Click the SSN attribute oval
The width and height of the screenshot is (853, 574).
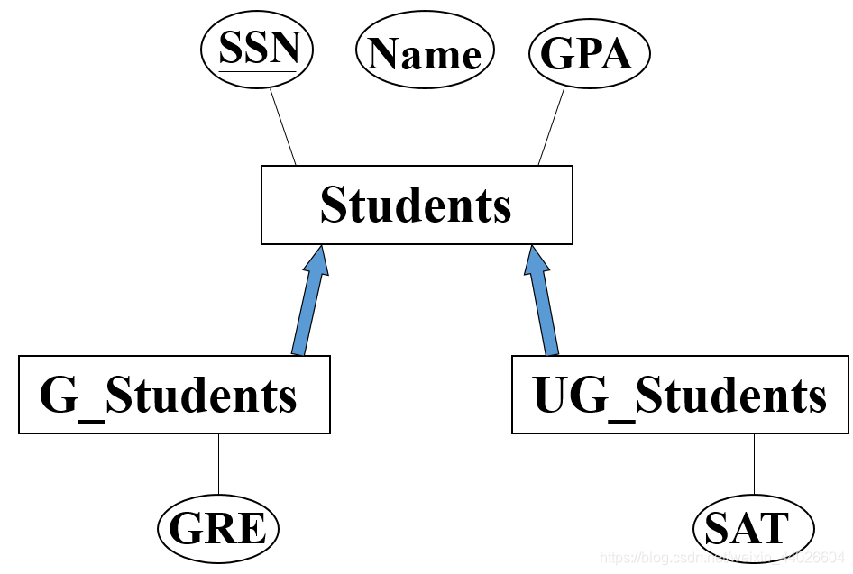tap(256, 52)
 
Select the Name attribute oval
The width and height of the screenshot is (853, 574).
tap(426, 54)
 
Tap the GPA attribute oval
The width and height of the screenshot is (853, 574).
tap(589, 54)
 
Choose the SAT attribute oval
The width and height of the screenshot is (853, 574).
tap(753, 527)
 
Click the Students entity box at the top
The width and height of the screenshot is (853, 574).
tap(417, 205)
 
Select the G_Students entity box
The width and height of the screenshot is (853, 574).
tap(174, 395)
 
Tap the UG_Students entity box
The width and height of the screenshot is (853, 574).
tap(680, 395)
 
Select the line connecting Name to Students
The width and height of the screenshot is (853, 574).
tap(426, 127)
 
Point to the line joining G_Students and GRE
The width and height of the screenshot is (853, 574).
tap(218, 466)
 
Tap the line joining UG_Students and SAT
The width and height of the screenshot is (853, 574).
tap(754, 466)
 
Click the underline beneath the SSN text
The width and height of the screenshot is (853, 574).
tap(259, 70)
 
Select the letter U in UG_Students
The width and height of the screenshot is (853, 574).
tap(552, 396)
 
